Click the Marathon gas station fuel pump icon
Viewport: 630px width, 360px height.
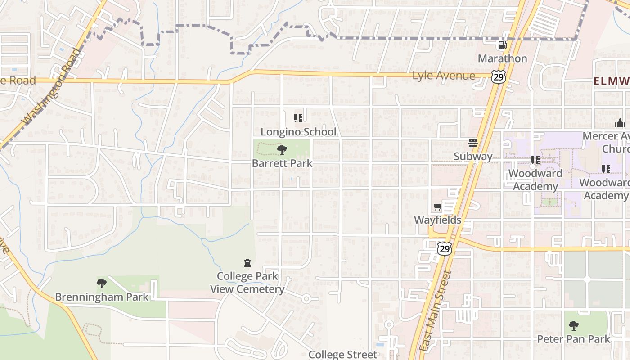[x=502, y=45]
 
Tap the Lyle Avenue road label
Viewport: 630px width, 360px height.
[x=443, y=76]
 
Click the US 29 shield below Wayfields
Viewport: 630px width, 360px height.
[x=445, y=248]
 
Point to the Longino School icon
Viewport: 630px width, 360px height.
[x=298, y=118]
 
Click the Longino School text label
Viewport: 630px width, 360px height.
[x=298, y=132]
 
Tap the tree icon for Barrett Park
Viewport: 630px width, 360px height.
[x=282, y=150]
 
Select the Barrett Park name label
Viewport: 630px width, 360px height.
[x=282, y=163]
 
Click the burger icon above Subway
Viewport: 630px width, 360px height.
[x=472, y=143]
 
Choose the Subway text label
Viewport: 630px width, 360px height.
[x=473, y=157]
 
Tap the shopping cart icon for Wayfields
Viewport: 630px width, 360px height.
[x=437, y=207]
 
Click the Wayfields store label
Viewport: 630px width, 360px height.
[x=438, y=220]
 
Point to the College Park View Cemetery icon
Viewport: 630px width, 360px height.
[x=247, y=263]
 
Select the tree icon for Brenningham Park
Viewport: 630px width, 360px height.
[x=102, y=283]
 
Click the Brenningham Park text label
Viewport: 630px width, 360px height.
[x=102, y=297]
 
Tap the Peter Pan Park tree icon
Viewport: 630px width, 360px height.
[x=573, y=325]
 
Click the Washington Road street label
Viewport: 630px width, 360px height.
[x=53, y=87]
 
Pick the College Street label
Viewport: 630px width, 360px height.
[x=342, y=355]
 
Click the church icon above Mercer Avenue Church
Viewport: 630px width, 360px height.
[x=620, y=123]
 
